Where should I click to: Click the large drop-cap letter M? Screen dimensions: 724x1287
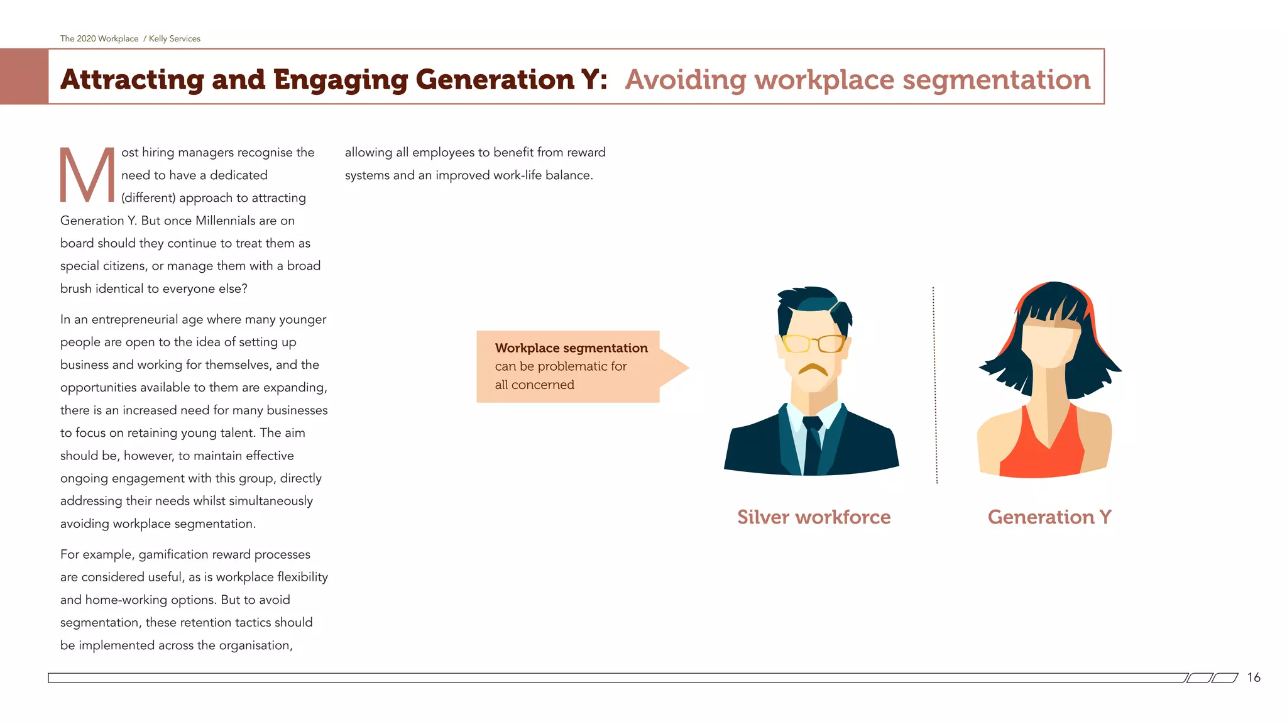click(87, 175)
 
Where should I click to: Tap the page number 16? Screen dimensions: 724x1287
click(1254, 677)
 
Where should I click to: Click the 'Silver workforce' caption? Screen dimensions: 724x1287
click(814, 517)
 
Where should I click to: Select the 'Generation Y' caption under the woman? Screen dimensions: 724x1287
click(1049, 517)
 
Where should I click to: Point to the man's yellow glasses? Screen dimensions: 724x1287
click(814, 343)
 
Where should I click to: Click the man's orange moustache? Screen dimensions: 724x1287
click(813, 369)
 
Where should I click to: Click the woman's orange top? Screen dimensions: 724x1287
click(1042, 452)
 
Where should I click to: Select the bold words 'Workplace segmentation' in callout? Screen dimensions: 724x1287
click(571, 348)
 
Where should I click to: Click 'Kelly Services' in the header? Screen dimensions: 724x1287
click(175, 38)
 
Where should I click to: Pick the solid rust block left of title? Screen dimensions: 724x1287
click(24, 77)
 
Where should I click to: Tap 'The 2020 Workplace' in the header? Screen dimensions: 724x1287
click(99, 38)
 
